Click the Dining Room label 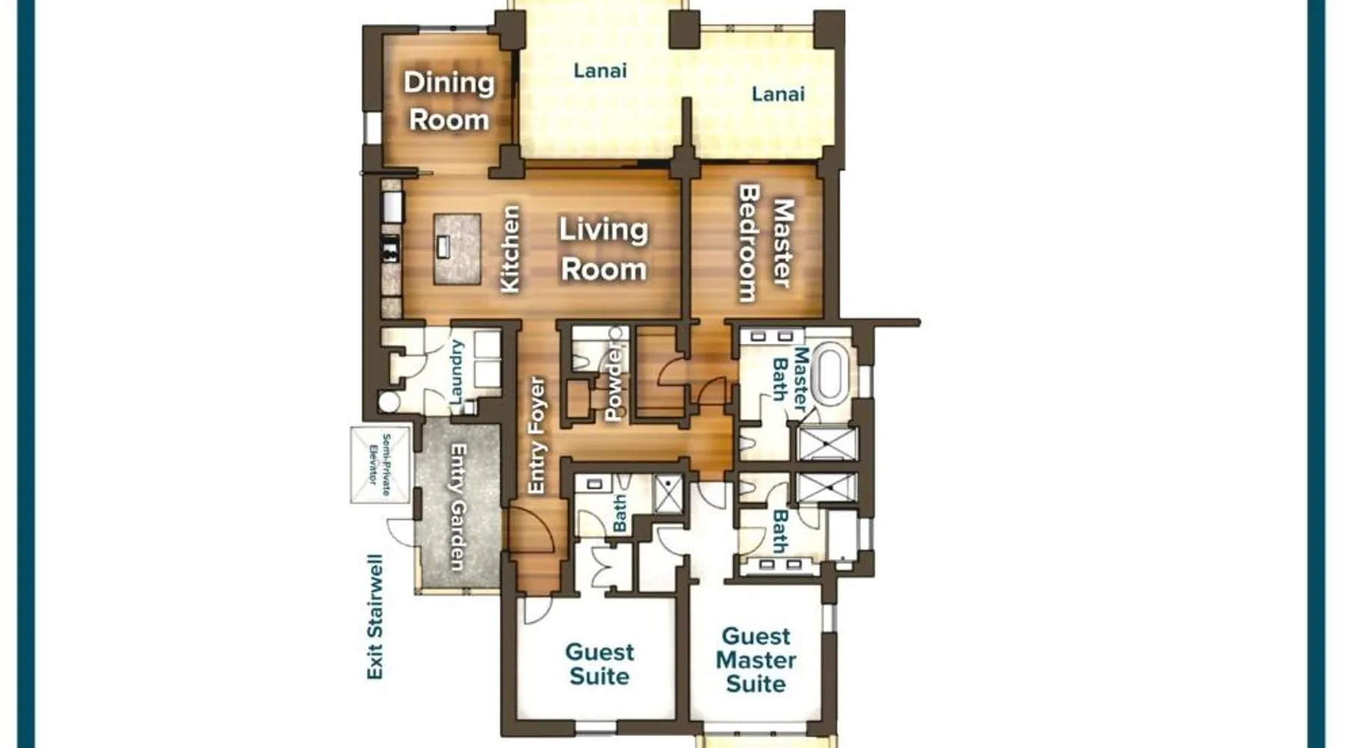coord(449,101)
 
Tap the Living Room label coord(603,250)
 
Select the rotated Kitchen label coord(509,249)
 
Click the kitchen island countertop coord(457,249)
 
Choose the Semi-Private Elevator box coord(381,465)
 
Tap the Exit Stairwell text coord(375,617)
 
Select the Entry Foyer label coord(536,435)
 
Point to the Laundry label coord(456,373)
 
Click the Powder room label coord(613,383)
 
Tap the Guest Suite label coord(599,663)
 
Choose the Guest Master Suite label coord(755,660)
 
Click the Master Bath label coord(790,378)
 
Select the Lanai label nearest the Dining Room coord(600,71)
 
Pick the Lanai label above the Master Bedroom coord(778,94)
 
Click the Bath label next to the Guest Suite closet coord(620,513)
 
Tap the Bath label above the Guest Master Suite coord(780,530)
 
